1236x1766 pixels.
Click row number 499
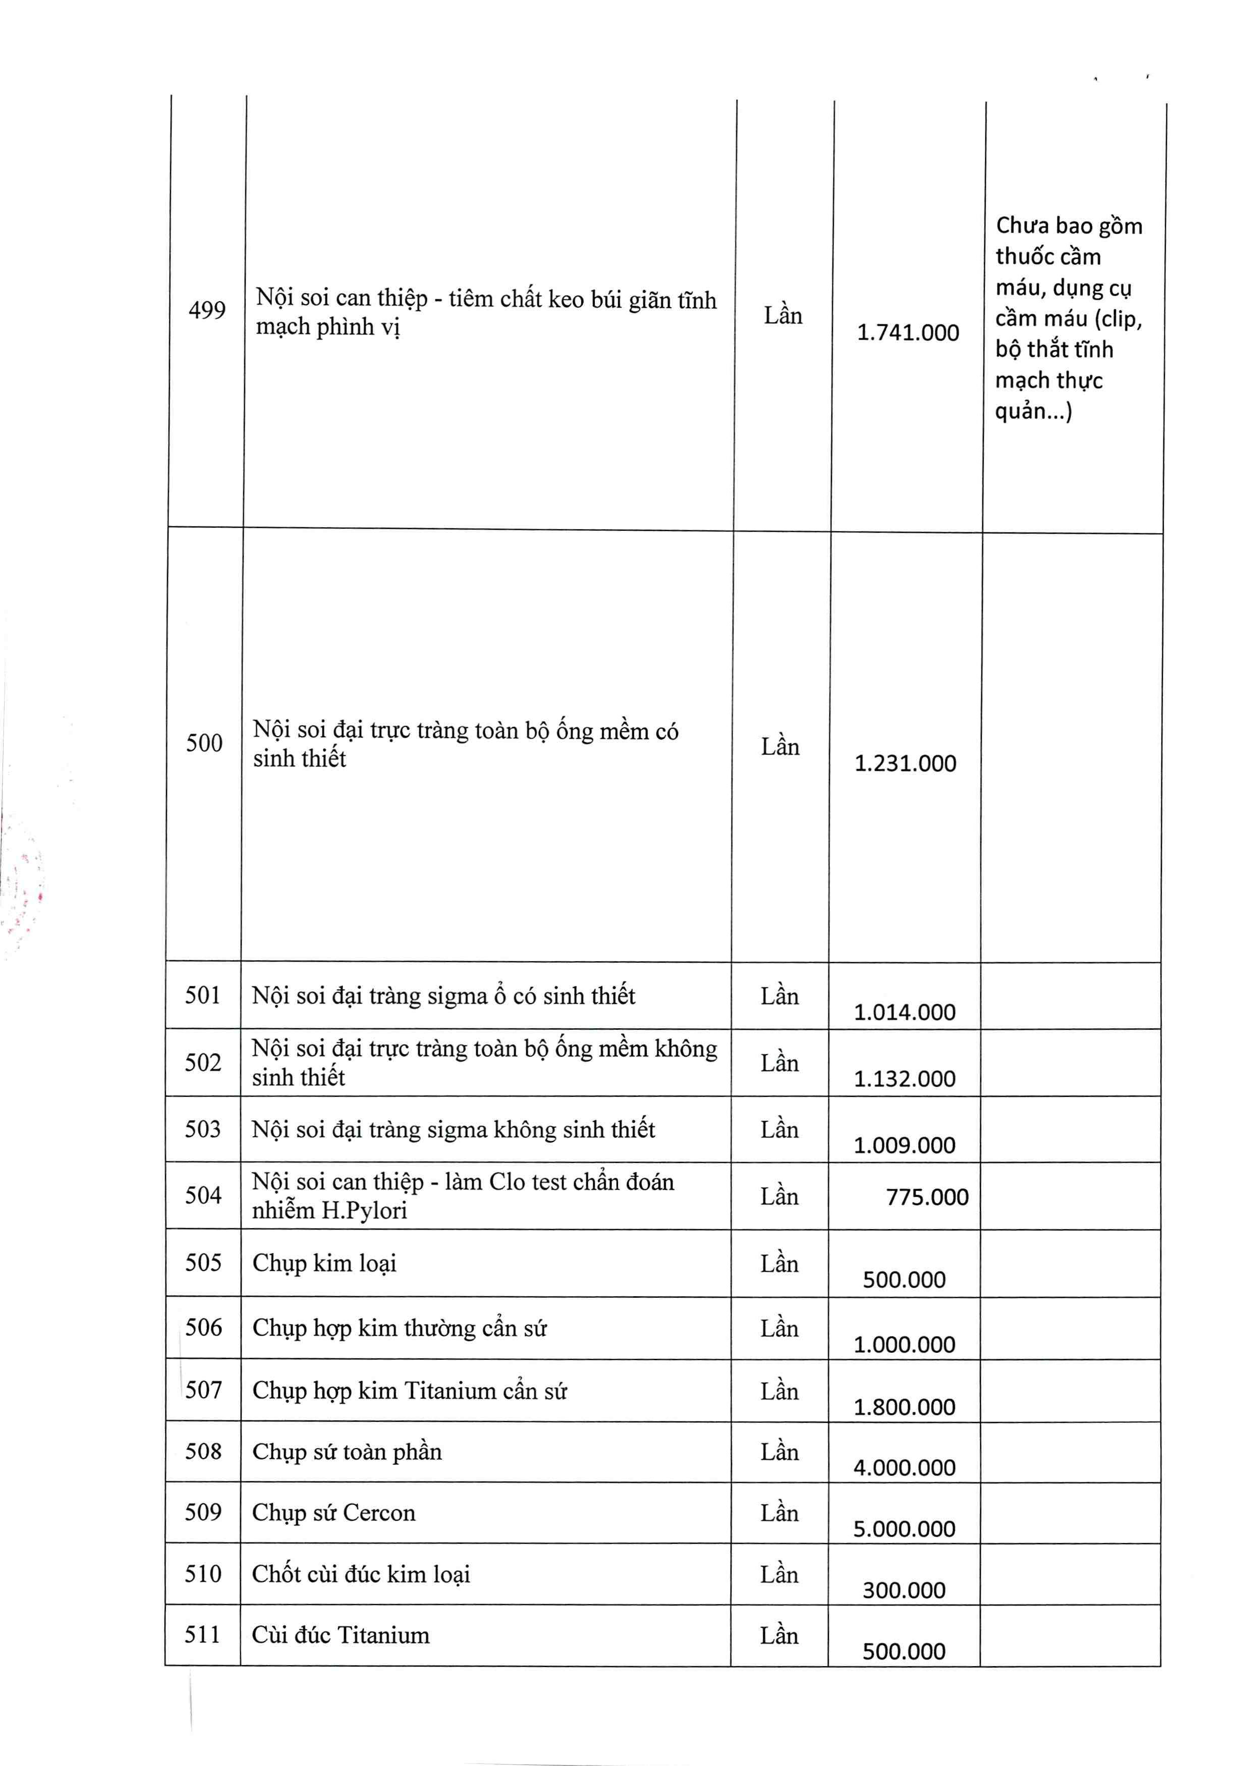(x=207, y=310)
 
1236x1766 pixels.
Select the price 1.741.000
(x=908, y=333)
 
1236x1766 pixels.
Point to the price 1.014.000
(x=905, y=1012)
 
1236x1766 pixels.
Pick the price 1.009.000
(x=905, y=1145)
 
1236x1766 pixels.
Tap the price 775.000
(x=927, y=1197)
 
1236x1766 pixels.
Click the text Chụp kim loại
(x=324, y=1263)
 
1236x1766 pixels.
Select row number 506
(x=203, y=1327)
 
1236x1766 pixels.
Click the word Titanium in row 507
(x=450, y=1391)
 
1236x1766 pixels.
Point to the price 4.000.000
(x=905, y=1468)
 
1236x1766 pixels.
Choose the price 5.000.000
(x=905, y=1528)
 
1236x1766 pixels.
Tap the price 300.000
(x=904, y=1590)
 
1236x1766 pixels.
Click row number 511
(x=202, y=1634)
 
